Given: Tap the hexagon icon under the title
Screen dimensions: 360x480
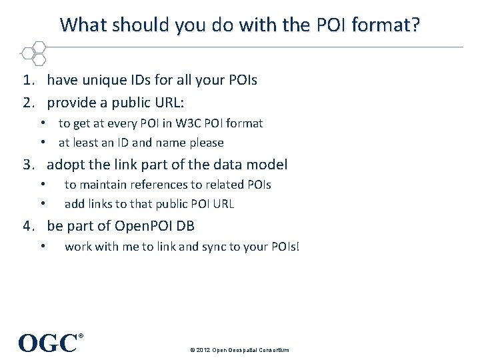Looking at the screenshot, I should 34,54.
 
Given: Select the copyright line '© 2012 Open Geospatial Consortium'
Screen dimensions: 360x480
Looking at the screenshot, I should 239,349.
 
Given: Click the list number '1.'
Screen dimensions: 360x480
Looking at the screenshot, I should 28,81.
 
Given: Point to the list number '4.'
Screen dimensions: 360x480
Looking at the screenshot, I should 28,226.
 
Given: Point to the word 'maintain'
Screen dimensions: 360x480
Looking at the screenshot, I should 103,185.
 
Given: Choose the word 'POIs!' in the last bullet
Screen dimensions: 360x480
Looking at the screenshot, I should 285,247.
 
